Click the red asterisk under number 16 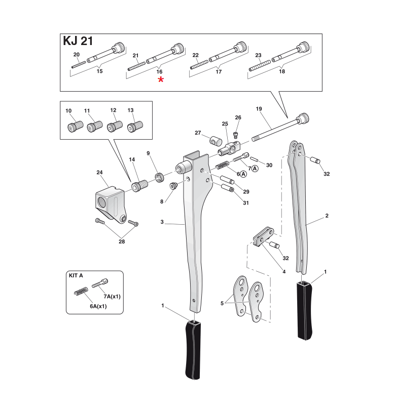(161, 80)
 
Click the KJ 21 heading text (78, 41)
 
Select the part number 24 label (99, 173)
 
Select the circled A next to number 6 (243, 174)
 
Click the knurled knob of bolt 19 (303, 118)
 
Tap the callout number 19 (259, 109)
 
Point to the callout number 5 (221, 303)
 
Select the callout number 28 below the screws (122, 242)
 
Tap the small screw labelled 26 (236, 134)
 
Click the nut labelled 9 (158, 177)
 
